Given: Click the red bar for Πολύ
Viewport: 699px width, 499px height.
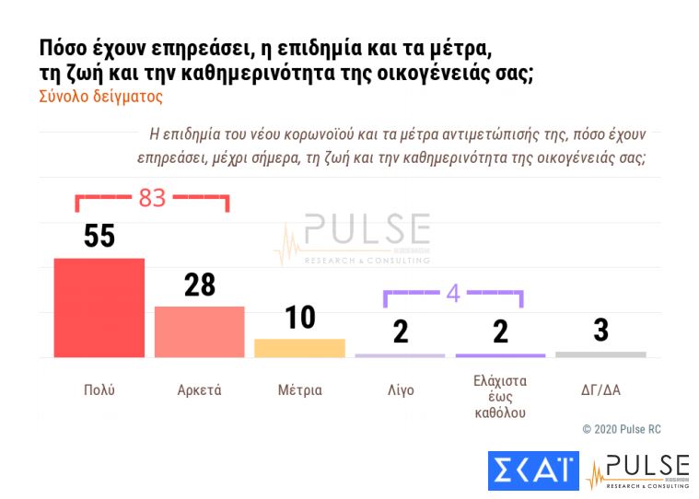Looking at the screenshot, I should (x=99, y=308).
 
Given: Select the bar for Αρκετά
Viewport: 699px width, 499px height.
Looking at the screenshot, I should (x=199, y=331).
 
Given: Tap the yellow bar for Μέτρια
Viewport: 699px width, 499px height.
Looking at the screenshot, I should (x=299, y=348).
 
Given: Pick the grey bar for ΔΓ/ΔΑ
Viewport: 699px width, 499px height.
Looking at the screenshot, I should (x=600, y=354).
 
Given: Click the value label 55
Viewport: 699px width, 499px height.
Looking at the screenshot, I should (x=99, y=237).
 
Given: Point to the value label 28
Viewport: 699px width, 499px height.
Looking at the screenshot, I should (x=199, y=285).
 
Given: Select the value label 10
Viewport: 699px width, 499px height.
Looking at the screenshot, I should (x=299, y=318).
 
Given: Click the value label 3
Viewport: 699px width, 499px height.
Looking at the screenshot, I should (x=600, y=331).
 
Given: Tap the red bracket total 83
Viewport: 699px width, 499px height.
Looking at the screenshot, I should (x=152, y=197).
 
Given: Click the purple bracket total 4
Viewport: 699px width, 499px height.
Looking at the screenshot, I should (x=452, y=294).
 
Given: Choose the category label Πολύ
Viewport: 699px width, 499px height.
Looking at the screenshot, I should (x=99, y=390).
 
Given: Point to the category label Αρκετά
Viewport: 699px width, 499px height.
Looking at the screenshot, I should (x=199, y=390).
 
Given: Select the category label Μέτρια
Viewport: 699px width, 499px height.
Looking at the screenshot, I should (x=299, y=390).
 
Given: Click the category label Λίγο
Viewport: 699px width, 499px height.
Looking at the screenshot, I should (x=401, y=390).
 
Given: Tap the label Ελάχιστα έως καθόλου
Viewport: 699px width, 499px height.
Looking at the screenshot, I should (x=500, y=396).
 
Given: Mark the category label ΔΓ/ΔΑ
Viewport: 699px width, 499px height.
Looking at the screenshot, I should (x=600, y=390).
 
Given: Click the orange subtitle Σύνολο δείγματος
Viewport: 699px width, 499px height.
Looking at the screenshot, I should (x=100, y=96).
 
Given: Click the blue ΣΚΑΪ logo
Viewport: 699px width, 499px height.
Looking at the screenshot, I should (x=533, y=470).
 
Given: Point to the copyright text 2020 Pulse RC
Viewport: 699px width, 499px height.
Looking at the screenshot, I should (x=622, y=429).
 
